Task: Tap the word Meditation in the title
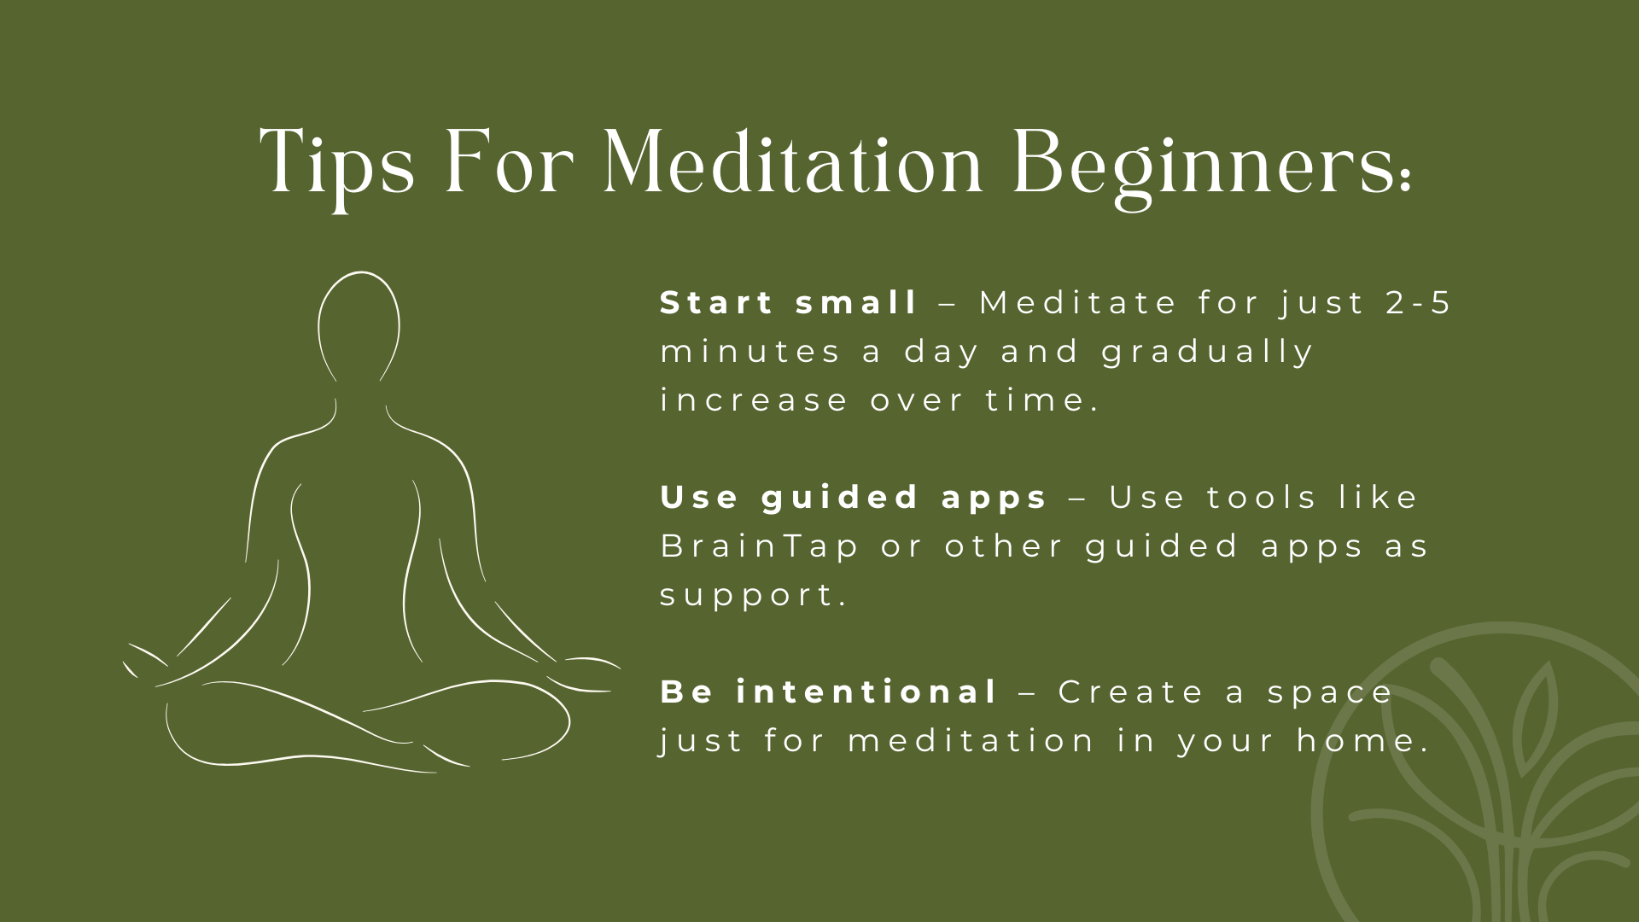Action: tap(793, 162)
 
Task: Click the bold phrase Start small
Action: tap(788, 303)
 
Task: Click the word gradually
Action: tap(1207, 353)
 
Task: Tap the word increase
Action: tap(754, 400)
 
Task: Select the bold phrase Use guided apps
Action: tap(853, 498)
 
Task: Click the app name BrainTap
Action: tap(759, 546)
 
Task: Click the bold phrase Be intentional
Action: tap(828, 692)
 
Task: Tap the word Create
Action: tap(1131, 692)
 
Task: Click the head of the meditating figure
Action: tap(359, 324)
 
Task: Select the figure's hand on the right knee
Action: tap(589, 670)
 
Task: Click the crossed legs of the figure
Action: tap(367, 726)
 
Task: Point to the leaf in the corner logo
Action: tap(1535, 709)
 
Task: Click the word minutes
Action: tap(750, 353)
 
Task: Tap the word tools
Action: tap(1261, 498)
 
